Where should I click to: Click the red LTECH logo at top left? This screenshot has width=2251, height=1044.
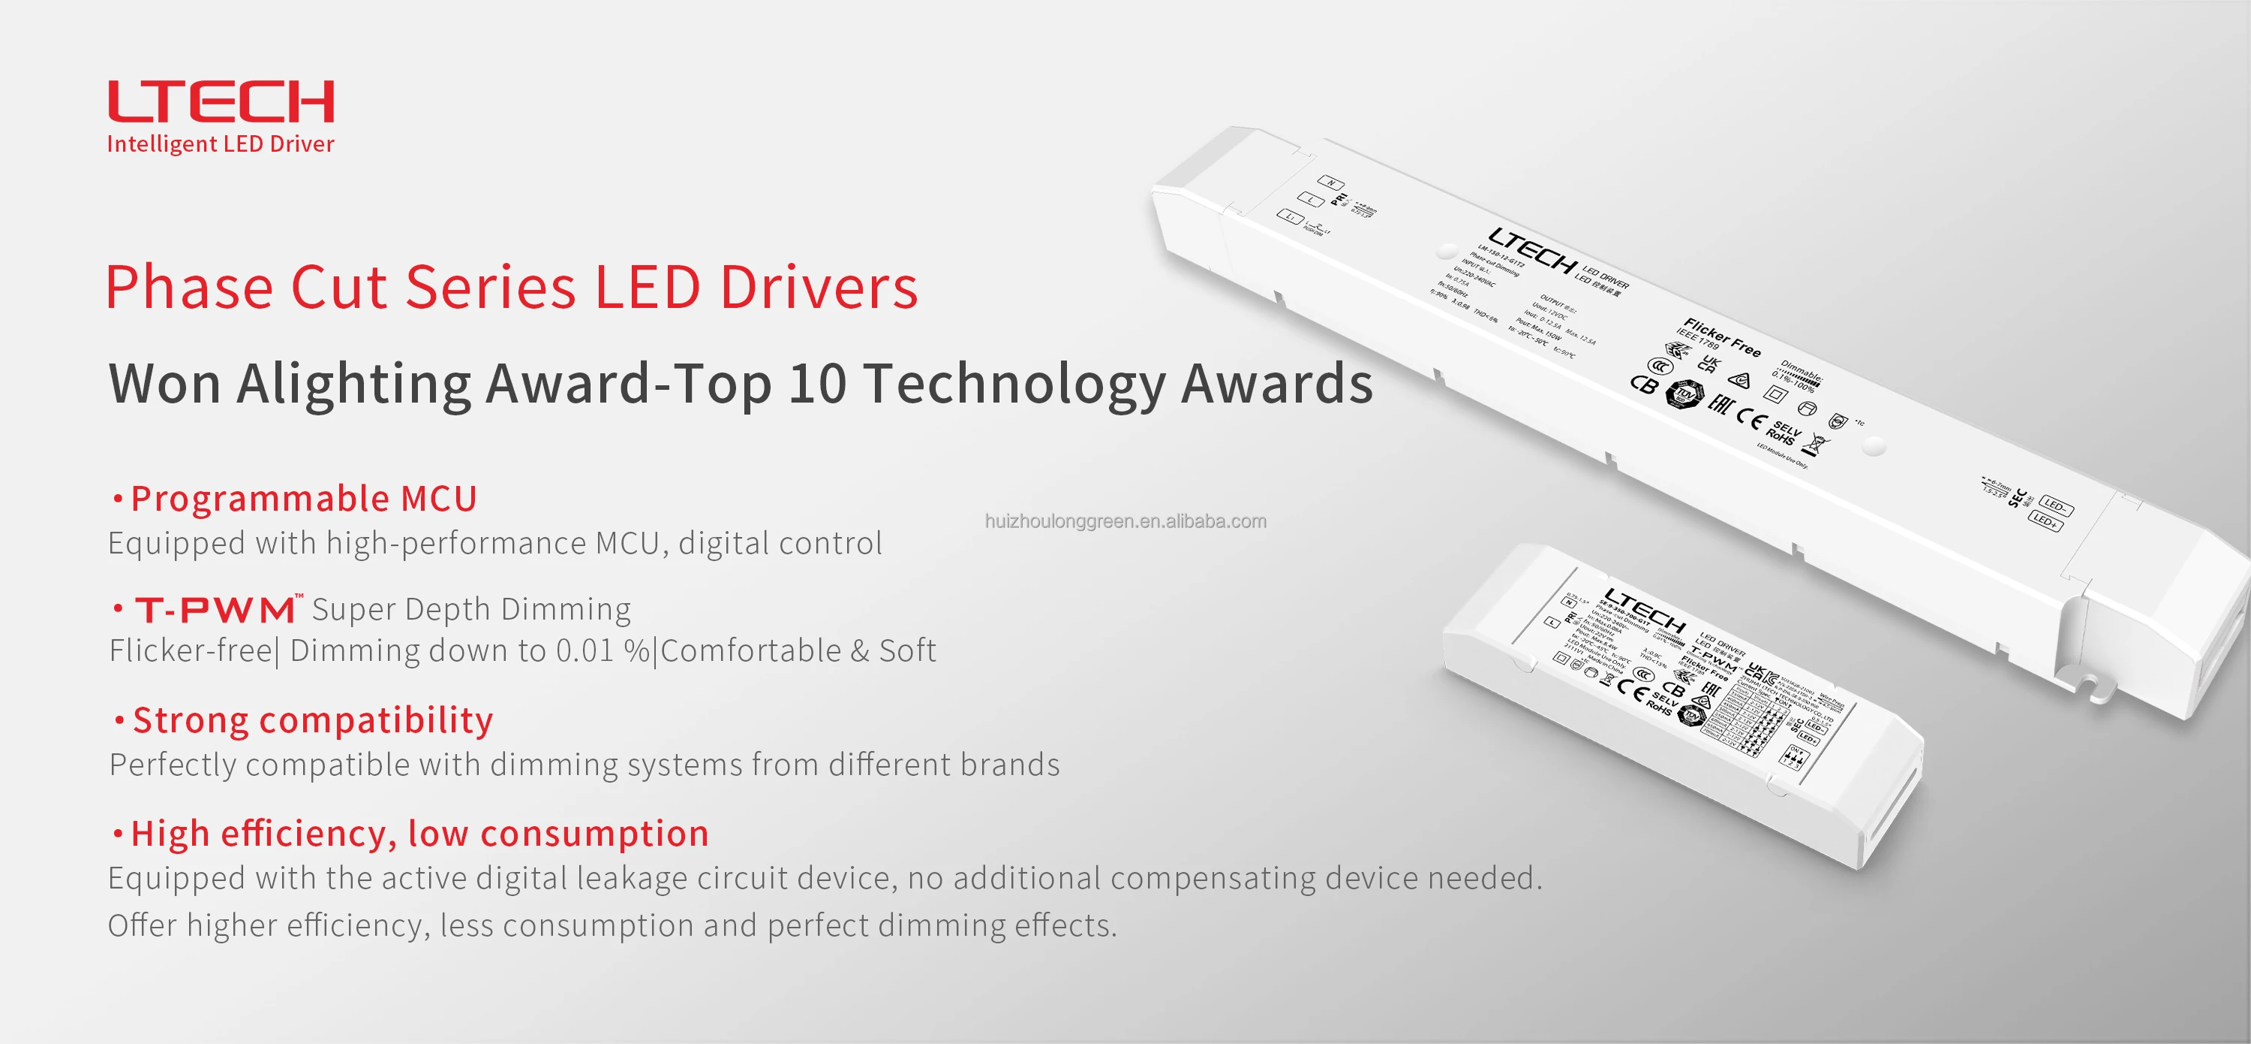[x=220, y=101]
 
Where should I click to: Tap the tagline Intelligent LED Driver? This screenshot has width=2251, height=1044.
[x=220, y=144]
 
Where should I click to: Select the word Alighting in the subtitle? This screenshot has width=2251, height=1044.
[x=354, y=384]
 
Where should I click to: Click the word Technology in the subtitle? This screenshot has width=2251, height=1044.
[x=1014, y=384]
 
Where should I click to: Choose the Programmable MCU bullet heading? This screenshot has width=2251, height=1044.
[x=303, y=499]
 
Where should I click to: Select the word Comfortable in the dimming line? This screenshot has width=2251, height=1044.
[x=750, y=651]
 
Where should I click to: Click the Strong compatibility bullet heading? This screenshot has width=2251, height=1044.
[x=312, y=721]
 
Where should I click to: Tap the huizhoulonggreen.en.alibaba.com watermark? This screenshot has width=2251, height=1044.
[x=1125, y=522]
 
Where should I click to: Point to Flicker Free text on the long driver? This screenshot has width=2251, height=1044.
[x=1722, y=336]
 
